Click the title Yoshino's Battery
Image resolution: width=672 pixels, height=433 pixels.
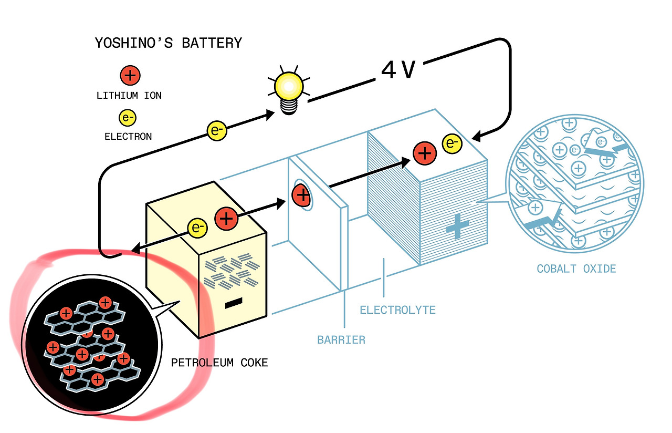click(x=169, y=43)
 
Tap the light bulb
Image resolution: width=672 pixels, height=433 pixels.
click(x=289, y=90)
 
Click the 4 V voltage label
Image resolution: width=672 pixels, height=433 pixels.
click(x=398, y=70)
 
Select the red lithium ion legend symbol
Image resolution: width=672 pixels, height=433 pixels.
click(x=130, y=75)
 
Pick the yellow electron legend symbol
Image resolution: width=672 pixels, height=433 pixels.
click(x=128, y=117)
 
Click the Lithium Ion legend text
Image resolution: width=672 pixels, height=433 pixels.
click(x=129, y=96)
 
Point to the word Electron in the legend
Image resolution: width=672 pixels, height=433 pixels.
click(x=128, y=137)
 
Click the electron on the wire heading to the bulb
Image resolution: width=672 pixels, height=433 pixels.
click(x=217, y=131)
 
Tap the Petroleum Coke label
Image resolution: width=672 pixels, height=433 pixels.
click(x=219, y=363)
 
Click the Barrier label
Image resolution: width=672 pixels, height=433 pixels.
click(x=341, y=340)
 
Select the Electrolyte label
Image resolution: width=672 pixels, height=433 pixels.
click(x=398, y=310)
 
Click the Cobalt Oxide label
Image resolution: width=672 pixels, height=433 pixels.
click(x=576, y=269)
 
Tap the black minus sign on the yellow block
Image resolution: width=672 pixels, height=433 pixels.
click(x=234, y=303)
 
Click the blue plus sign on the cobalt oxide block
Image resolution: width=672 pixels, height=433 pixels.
click(x=457, y=226)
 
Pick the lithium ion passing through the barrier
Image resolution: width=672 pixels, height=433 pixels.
click(x=301, y=195)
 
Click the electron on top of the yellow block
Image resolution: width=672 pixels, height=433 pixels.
click(x=197, y=228)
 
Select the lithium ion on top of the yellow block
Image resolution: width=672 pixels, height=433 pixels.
click(x=226, y=219)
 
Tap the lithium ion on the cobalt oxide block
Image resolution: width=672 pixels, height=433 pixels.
click(x=425, y=153)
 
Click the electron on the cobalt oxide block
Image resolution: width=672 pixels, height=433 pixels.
click(x=452, y=143)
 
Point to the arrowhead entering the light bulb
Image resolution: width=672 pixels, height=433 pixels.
click(x=270, y=115)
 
